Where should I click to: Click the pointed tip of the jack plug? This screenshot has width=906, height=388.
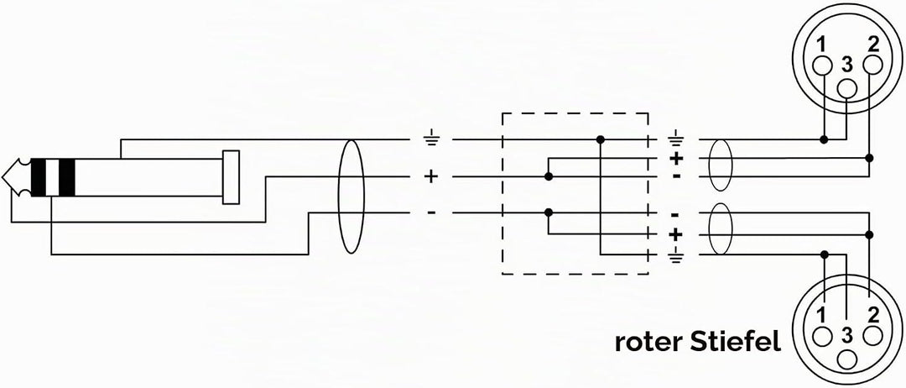(x=3, y=177)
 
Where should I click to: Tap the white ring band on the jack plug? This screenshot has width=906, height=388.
(x=53, y=177)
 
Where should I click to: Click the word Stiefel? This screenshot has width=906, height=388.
(x=736, y=342)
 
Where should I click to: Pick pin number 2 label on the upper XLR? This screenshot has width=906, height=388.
(x=873, y=43)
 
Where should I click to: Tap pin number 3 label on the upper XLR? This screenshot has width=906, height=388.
(x=847, y=66)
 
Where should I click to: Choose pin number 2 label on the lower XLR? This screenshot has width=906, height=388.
(x=873, y=315)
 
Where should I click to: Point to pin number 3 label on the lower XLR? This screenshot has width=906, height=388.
(x=847, y=335)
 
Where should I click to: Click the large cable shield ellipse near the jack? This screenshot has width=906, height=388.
(x=339, y=197)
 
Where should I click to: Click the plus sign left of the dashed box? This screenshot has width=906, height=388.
(x=432, y=176)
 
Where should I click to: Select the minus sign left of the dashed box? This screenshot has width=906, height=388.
(x=432, y=212)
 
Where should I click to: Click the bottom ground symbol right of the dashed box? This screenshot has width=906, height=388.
(x=675, y=255)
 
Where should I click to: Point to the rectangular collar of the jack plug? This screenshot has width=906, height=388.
(x=232, y=177)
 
